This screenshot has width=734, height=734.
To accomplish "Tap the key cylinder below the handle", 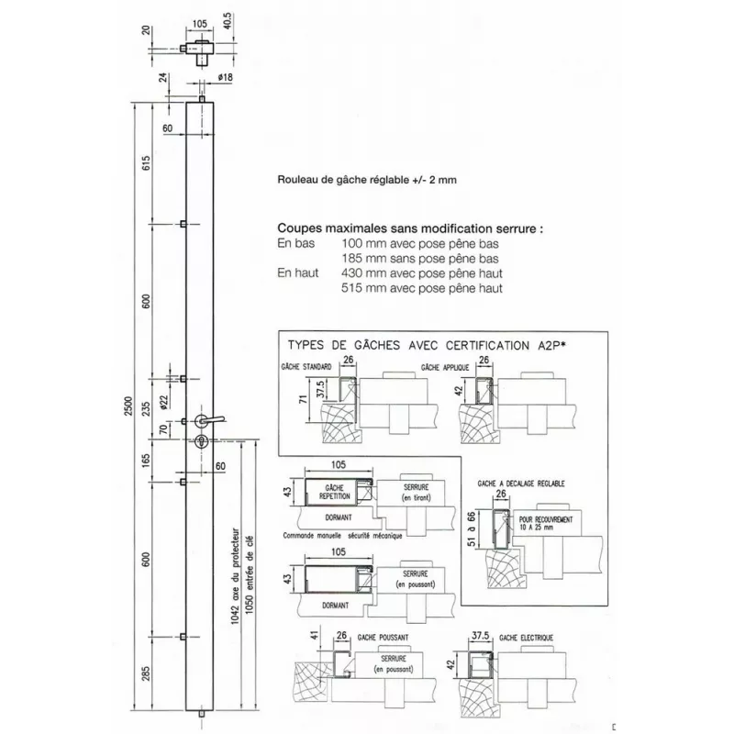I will [201, 441].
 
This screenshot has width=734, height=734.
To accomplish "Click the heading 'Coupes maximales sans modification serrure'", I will [409, 228].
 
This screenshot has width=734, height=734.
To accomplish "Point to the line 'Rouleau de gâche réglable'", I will [365, 182].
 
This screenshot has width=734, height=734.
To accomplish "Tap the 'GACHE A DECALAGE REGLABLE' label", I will [521, 483].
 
